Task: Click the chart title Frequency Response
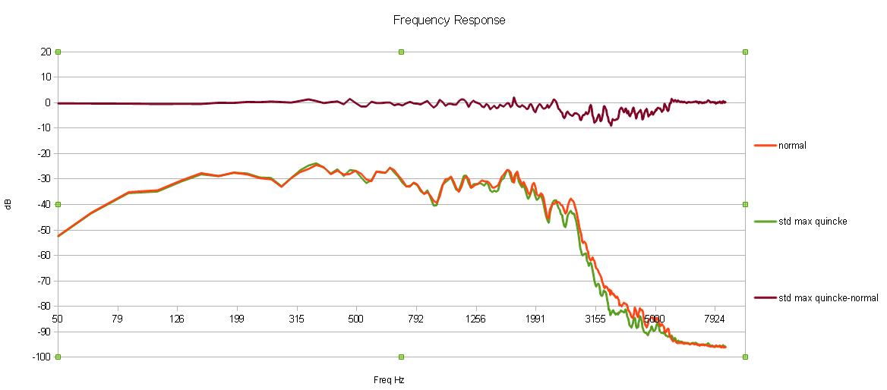[449, 20]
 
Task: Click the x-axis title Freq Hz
[388, 379]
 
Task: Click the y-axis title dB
[8, 204]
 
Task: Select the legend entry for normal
[791, 145]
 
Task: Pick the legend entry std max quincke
[812, 222]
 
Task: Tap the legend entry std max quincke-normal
[828, 298]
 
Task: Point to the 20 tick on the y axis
[46, 52]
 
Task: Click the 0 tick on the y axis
[47, 102]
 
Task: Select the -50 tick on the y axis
[44, 230]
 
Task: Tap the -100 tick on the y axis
[42, 357]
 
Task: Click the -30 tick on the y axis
[44, 179]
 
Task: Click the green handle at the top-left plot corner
[58, 52]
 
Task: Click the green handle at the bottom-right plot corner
[745, 357]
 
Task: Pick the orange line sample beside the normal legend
[765, 145]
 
